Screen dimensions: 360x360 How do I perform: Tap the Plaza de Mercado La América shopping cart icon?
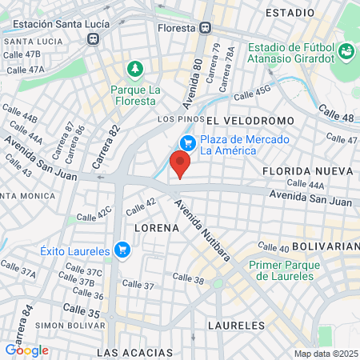[x=188, y=143]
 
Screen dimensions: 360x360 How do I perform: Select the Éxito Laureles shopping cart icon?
[x=122, y=250]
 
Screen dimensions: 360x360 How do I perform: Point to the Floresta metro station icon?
[x=206, y=27]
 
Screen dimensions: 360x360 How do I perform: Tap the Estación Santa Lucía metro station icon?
[x=94, y=37]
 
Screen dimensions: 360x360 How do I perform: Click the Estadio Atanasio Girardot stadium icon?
[x=346, y=52]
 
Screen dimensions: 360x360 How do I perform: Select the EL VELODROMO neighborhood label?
[x=249, y=120]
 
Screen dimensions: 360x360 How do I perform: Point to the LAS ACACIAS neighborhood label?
[x=134, y=352]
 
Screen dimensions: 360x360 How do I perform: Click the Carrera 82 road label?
[x=106, y=145]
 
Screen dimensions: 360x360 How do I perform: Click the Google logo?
[x=26, y=350]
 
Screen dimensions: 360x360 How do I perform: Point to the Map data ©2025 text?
[x=325, y=354]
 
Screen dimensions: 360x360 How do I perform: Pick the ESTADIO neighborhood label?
[x=290, y=14]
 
